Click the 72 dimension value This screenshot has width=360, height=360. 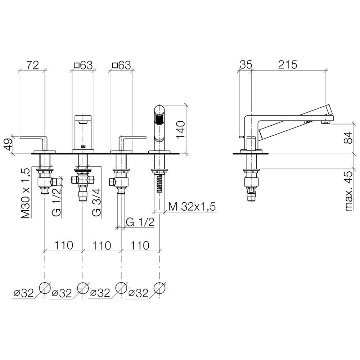click(32, 65)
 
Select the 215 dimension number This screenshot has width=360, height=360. click(287, 65)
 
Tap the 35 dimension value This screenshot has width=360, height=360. click(246, 65)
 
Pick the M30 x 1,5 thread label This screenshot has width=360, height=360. click(25, 193)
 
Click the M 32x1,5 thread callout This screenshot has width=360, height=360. click(192, 207)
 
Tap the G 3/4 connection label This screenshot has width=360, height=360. click(96, 202)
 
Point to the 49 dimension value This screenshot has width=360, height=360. click(8, 144)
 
